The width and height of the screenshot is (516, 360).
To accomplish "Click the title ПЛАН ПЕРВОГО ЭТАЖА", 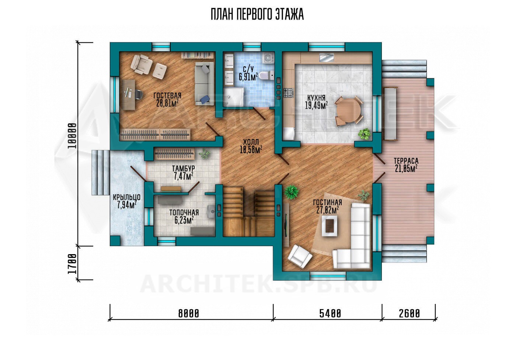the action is coord(257,15).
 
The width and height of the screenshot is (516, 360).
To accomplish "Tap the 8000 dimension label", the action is coord(188,314).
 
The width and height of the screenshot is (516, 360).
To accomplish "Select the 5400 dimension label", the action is coord(330,314).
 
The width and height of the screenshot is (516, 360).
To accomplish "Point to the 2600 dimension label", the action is coord(409,314).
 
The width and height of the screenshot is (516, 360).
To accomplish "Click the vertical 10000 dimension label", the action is coord(72,136).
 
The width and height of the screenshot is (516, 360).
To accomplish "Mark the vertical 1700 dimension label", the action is coord(72,264).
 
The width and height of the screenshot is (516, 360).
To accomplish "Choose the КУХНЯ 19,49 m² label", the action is coord(316,102).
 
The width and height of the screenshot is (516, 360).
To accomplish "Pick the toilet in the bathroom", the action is coord(266,75).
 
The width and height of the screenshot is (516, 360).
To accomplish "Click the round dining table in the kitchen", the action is coord(348,111).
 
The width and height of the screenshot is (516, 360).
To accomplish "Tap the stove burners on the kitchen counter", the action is coord(289,93).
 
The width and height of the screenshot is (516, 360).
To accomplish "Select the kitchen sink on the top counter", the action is coord(327,58).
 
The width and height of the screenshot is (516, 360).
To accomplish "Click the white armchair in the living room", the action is coord(300,256).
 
